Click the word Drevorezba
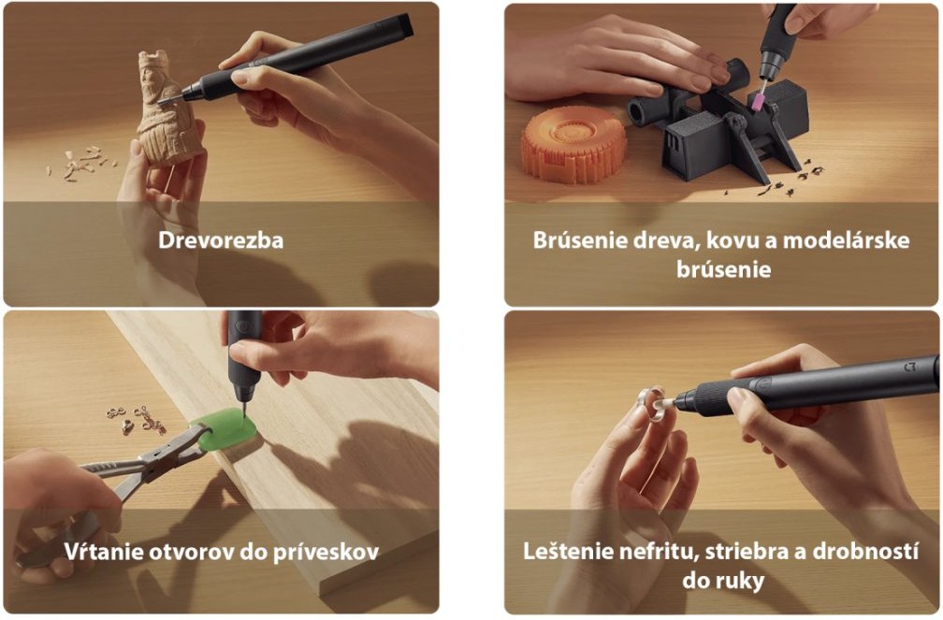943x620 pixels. pyautogui.click(x=221, y=240)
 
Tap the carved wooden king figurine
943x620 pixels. pyautogui.click(x=166, y=108)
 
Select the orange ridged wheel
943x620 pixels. pyautogui.click(x=573, y=144)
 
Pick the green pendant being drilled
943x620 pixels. pyautogui.click(x=225, y=428)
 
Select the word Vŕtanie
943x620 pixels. pyautogui.click(x=95, y=552)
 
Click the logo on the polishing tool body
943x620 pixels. pyautogui.click(x=910, y=367)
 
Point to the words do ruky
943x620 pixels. pyautogui.click(x=723, y=581)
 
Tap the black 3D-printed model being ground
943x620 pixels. pyautogui.click(x=716, y=123)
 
